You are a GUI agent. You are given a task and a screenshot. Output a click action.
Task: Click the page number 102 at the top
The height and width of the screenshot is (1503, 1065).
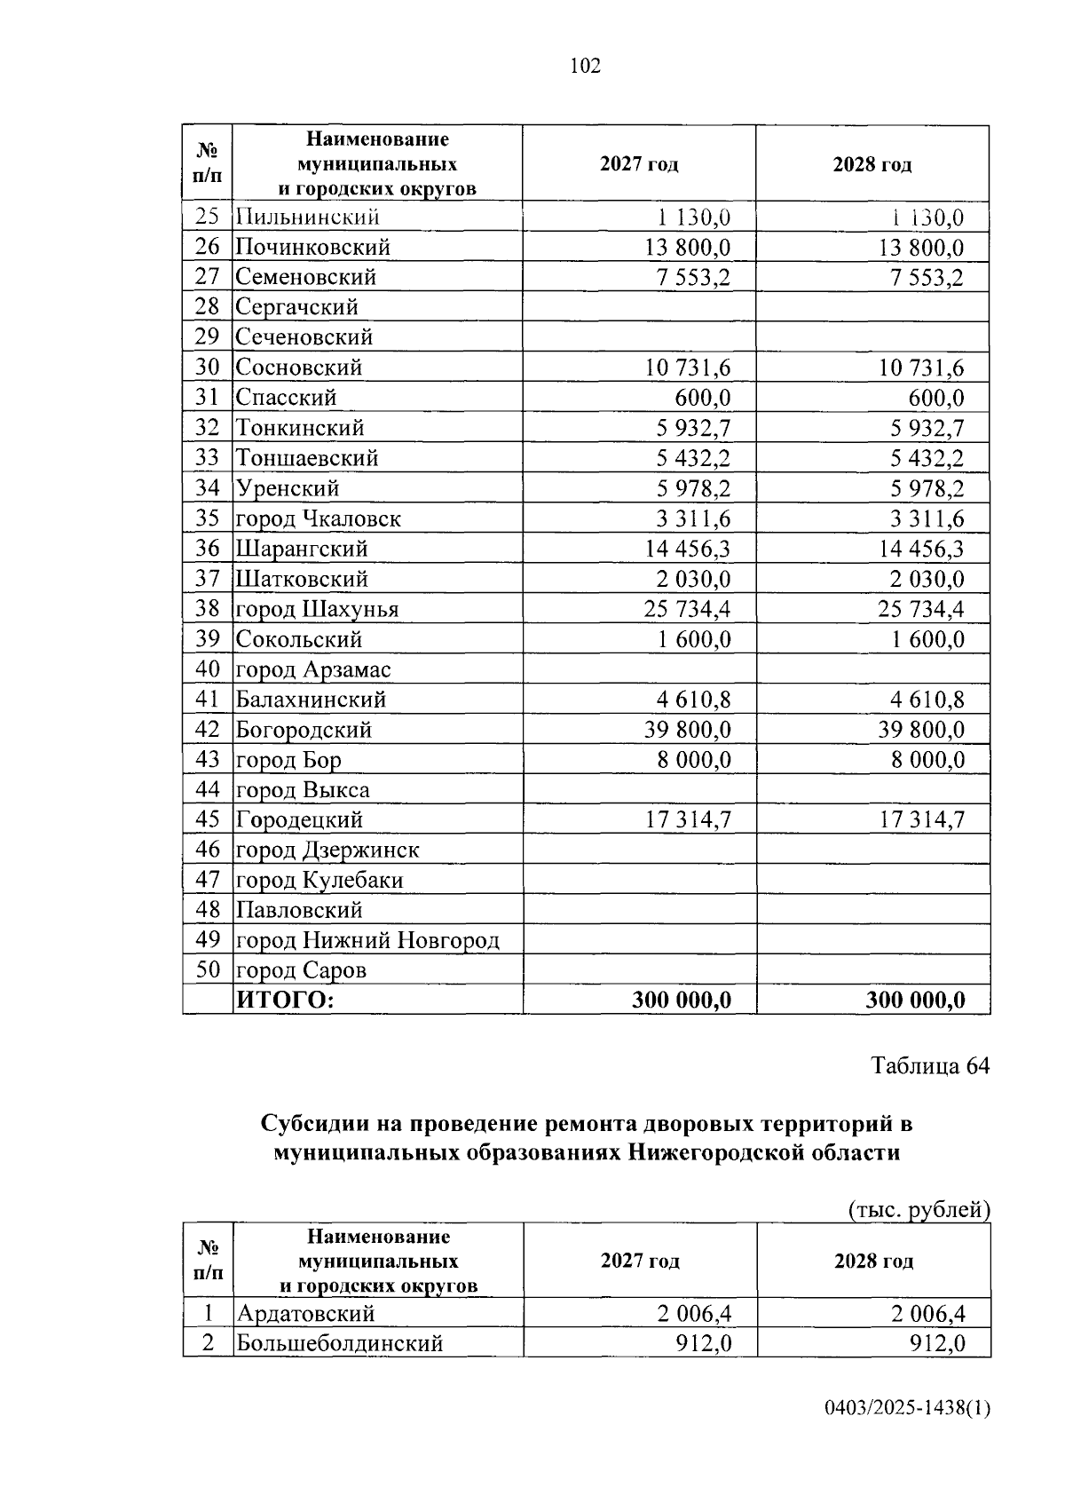[x=585, y=66]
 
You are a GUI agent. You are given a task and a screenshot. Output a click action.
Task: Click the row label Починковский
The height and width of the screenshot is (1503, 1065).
[x=312, y=247]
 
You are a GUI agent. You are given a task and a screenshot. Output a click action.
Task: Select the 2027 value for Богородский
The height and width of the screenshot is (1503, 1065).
[x=688, y=730]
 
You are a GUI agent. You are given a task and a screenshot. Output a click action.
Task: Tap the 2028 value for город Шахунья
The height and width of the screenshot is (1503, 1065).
[x=921, y=609]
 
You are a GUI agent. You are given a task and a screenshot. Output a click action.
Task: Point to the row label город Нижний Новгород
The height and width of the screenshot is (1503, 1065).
[x=367, y=940]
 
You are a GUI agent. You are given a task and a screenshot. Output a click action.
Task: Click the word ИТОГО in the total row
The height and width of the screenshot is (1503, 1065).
[x=284, y=1001]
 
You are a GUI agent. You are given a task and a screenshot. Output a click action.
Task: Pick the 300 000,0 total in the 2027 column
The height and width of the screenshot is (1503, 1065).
[x=682, y=1001]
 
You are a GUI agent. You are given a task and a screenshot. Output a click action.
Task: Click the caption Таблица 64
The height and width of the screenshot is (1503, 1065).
[x=929, y=1065]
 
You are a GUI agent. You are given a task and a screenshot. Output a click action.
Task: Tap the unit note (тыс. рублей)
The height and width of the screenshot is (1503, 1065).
[x=919, y=1209]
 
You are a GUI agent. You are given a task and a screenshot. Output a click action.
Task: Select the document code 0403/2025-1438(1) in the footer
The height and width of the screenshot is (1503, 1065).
[x=906, y=1408]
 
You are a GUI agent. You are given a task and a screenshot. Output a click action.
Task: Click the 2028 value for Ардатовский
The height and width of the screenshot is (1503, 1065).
[x=928, y=1314]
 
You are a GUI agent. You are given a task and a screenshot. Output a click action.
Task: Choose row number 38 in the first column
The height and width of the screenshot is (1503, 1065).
[x=207, y=608]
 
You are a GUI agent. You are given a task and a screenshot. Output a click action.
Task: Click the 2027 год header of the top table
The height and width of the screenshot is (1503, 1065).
[x=639, y=164]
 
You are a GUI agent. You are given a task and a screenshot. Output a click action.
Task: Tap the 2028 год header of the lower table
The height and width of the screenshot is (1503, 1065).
[x=873, y=1262]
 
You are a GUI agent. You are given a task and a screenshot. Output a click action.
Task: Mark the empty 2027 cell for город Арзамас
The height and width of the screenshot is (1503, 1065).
[x=639, y=669]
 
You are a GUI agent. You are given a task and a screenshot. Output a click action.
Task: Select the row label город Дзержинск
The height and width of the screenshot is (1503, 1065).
[x=327, y=850]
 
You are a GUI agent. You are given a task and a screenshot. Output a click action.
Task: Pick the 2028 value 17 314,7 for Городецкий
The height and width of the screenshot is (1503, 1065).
[x=921, y=820]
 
